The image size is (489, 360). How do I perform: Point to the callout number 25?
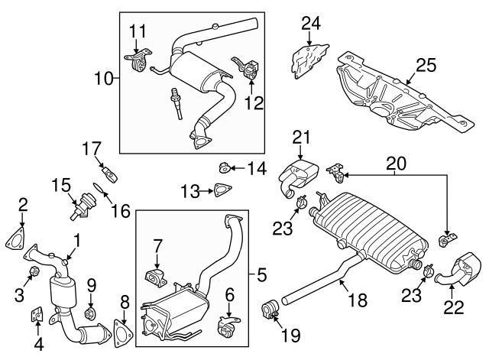425,66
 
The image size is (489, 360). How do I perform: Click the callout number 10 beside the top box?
105,76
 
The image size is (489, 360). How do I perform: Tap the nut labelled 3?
34,272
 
